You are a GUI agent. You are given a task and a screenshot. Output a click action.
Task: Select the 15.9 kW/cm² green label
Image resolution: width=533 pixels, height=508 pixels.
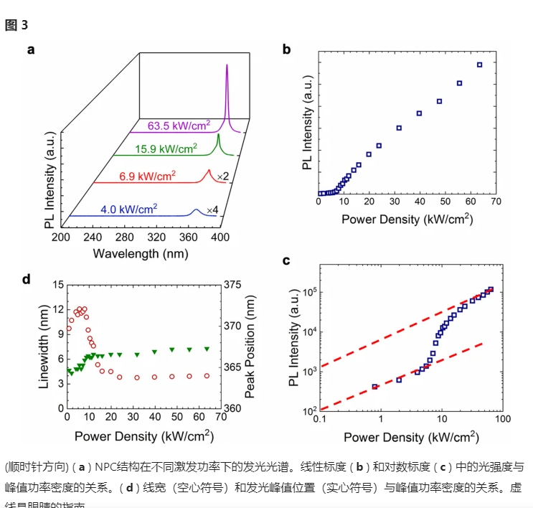(166, 149)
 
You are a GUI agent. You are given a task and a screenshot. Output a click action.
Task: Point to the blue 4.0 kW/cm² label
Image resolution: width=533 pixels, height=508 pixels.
(129, 209)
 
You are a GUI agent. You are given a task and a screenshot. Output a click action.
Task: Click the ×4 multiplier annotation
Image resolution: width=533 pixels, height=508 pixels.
(212, 210)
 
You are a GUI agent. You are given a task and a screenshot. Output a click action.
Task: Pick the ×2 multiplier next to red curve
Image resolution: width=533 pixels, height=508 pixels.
(223, 176)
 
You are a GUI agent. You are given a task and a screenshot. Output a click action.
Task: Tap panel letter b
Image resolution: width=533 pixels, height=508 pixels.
(286, 50)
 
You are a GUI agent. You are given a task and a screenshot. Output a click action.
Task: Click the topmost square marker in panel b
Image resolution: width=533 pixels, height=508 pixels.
(479, 65)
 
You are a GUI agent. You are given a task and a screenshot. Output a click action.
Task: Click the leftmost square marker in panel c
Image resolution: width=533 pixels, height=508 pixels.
(374, 387)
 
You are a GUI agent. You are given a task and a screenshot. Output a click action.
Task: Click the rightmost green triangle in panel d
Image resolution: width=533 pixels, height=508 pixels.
(207, 349)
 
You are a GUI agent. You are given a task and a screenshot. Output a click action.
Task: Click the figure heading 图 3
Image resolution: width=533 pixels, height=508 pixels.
(16, 25)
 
